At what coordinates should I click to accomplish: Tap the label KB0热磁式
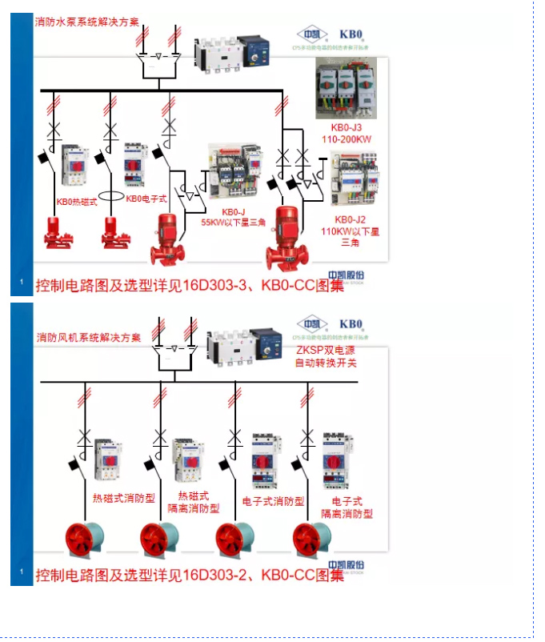77,202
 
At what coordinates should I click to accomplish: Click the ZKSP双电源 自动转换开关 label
326,357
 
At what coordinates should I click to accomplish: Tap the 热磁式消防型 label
124,498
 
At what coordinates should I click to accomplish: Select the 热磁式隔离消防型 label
190,502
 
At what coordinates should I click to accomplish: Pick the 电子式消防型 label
274,501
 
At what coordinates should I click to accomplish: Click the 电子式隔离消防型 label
347,508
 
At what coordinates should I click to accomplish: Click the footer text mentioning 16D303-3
189,285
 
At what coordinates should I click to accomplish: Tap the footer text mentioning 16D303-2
189,575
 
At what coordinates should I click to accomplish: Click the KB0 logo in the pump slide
351,34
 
